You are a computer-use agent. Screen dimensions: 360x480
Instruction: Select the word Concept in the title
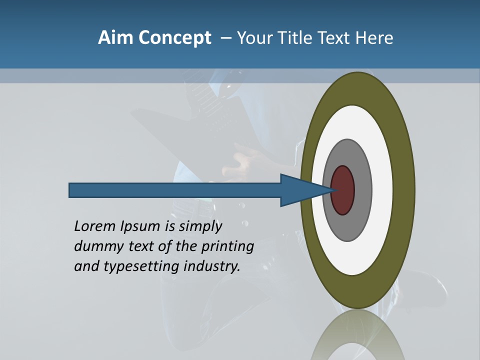tap(175, 37)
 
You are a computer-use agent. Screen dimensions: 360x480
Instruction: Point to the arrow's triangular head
tap(300, 190)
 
